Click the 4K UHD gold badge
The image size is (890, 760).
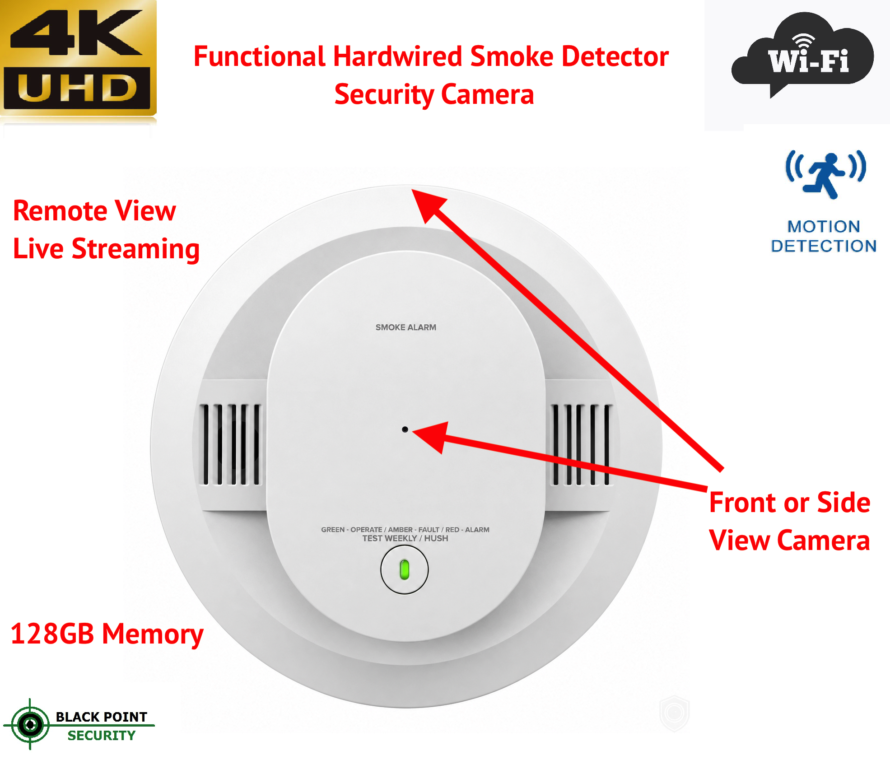pos(79,59)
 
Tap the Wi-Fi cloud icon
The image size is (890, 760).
pos(802,54)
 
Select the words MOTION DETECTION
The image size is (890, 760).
pos(824,236)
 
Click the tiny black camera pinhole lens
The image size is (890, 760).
pos(405,429)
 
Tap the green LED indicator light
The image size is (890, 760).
pos(405,569)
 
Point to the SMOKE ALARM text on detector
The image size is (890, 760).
pos(406,327)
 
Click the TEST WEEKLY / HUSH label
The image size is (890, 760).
pos(405,538)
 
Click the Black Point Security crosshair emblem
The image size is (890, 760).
pos(30,725)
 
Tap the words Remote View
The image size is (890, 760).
pos(94,211)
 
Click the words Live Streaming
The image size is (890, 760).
pos(106,249)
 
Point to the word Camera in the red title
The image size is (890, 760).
pos(488,94)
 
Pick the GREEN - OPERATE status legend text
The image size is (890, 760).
pos(351,530)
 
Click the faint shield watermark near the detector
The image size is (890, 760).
pos(674,713)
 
